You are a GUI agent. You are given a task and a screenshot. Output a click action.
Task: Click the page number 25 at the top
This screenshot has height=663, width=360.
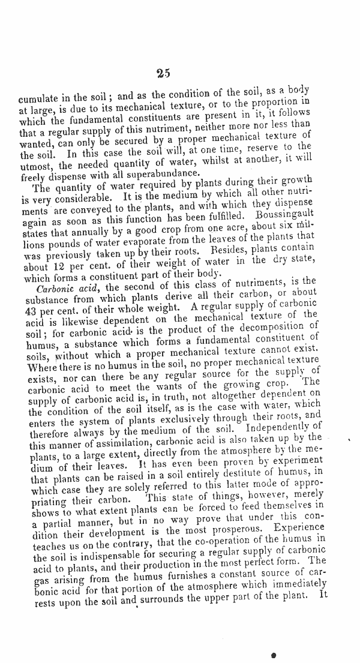(x=163, y=74)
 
